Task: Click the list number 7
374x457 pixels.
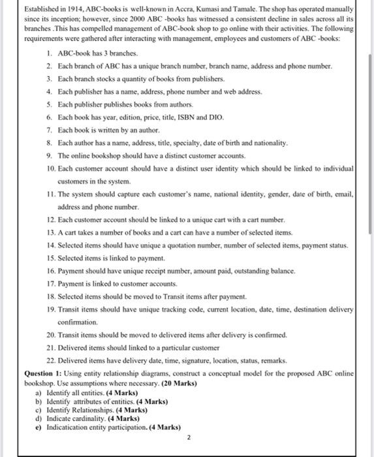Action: (49, 130)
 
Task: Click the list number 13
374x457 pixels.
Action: (51, 232)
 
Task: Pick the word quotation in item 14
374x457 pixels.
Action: (174, 245)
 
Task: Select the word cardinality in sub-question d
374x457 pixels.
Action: (82, 418)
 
